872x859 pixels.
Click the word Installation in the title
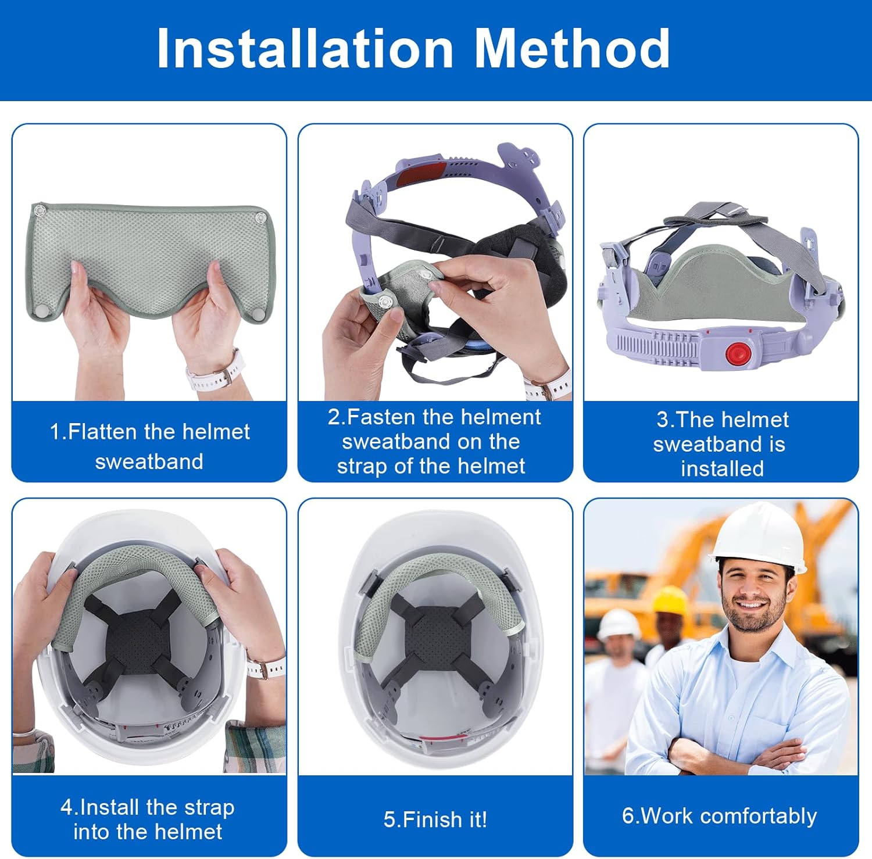[x=305, y=48]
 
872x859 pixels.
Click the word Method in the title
[x=573, y=48]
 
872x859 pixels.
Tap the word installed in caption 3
[x=722, y=468]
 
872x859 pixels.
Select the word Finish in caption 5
[x=428, y=819]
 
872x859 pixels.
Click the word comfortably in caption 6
[x=759, y=817]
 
